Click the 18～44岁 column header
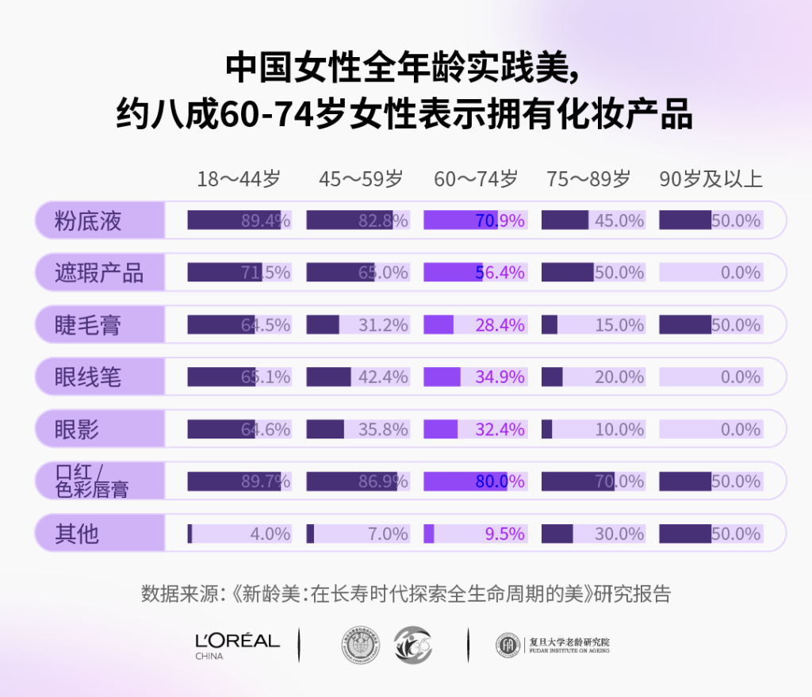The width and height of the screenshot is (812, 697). pyautogui.click(x=239, y=179)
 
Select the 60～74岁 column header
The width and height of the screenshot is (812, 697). pyautogui.click(x=475, y=179)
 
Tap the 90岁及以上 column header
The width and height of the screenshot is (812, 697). pyautogui.click(x=710, y=179)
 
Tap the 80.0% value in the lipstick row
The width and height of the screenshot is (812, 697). pyautogui.click(x=500, y=482)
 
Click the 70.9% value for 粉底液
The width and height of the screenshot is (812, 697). pyautogui.click(x=500, y=220)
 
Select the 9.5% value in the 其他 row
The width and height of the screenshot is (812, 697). pyautogui.click(x=504, y=534)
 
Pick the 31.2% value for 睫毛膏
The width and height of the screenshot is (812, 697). pyautogui.click(x=383, y=325)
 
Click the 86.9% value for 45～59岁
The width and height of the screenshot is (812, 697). pyautogui.click(x=383, y=482)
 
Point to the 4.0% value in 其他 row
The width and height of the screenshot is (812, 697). pyautogui.click(x=270, y=534)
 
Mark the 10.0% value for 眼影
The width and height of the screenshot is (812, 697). pyautogui.click(x=619, y=430)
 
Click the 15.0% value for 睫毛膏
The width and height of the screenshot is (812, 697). pyautogui.click(x=619, y=325)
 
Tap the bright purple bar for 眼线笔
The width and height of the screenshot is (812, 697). pyautogui.click(x=442, y=377)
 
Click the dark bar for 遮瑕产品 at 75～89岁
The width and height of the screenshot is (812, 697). pyautogui.click(x=567, y=273)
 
